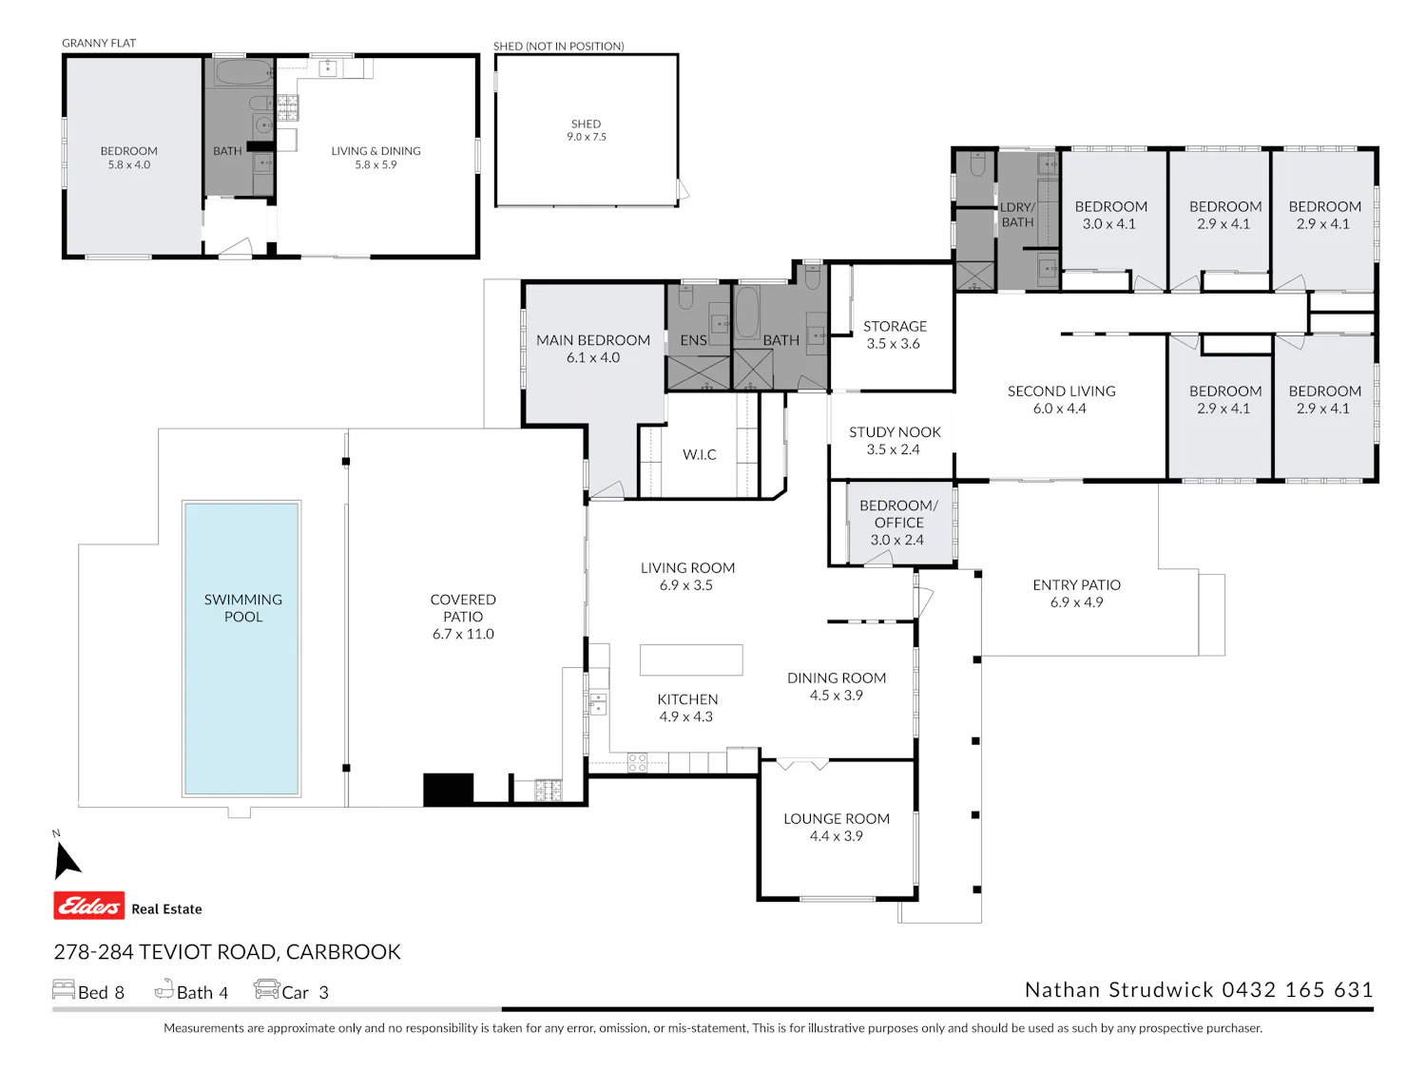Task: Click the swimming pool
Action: pos(241,648)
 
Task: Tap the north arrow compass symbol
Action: pos(66,859)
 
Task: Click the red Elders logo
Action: pos(89,906)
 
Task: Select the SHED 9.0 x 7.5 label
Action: pos(586,130)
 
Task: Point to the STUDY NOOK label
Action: pos(895,431)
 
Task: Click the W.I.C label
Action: pos(699,454)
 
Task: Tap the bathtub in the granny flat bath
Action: pos(243,72)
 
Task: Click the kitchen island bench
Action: pos(690,660)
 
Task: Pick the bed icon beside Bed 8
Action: pos(64,989)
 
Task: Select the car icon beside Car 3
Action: pos(266,989)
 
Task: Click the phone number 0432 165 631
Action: pos(1298,990)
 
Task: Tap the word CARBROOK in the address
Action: pos(343,951)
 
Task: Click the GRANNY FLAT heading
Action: pos(99,43)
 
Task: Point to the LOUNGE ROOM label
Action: pos(836,818)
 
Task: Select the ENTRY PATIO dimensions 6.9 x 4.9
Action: pos(1076,601)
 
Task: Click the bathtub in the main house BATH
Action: pos(747,313)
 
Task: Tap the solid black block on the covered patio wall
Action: pos(449,790)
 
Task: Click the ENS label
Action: pos(693,340)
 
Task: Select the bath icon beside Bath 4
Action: pos(164,988)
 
